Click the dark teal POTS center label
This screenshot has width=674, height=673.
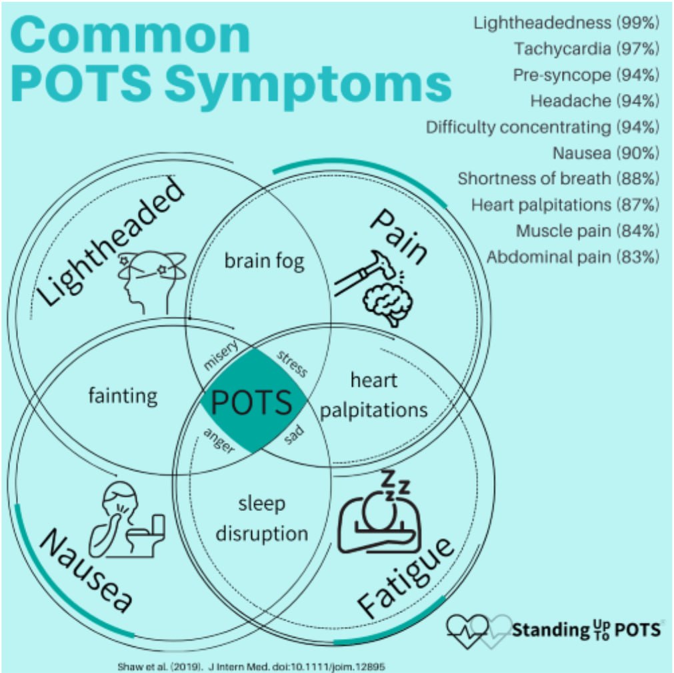pos(252,402)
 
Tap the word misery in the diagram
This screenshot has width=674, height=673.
pos(221,356)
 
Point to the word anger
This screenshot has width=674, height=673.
pos(219,441)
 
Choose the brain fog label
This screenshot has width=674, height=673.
pos(265,261)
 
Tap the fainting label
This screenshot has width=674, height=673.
pos(123,396)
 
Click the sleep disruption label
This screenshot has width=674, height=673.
pos(262,519)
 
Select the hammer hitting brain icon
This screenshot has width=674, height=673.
pos(375,289)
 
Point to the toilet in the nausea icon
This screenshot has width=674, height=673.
pos(147,536)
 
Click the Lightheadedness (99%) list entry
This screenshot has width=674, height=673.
pos(566,23)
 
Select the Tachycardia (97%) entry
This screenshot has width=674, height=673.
pos(586,49)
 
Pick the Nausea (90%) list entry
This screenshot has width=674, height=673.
pos(605,153)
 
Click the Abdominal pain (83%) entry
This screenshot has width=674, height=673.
pos(573,257)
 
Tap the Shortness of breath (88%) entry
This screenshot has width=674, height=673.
pos(559,179)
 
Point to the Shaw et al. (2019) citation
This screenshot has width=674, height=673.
pos(251,666)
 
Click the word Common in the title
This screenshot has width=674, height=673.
pos(130,35)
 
